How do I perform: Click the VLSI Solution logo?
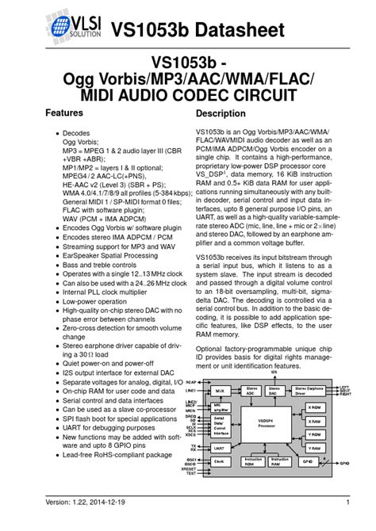(69, 31)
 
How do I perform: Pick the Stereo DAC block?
(274, 391)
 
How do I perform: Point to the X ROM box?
(313, 407)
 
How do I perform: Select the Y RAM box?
(313, 448)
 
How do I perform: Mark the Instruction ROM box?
(253, 461)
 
